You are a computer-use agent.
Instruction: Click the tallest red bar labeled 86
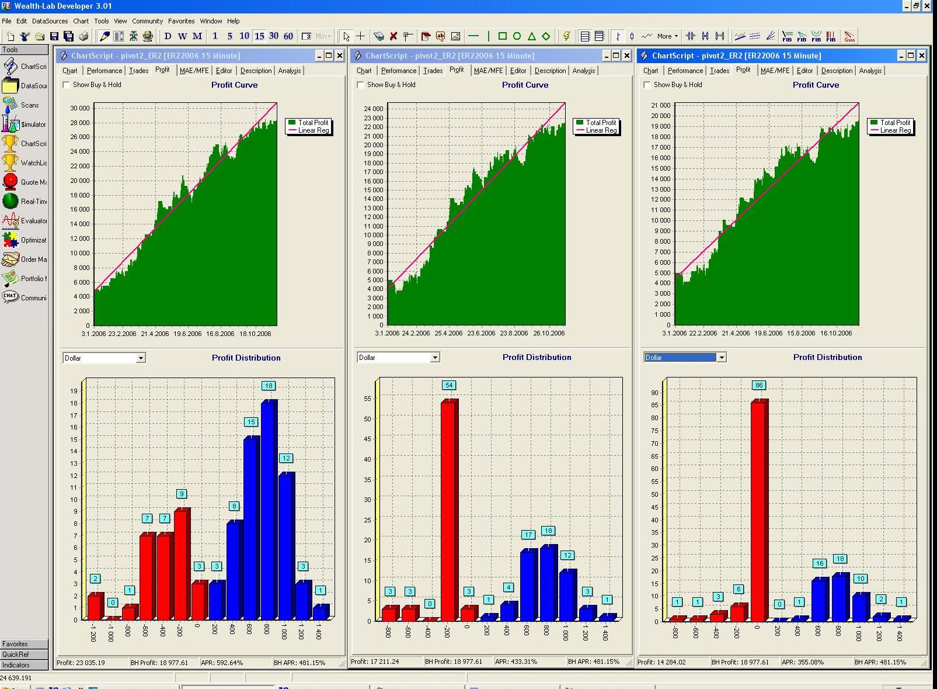pyautogui.click(x=758, y=511)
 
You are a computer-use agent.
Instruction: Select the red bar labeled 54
pyautogui.click(x=448, y=511)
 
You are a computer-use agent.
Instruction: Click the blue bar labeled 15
pyautogui.click(x=250, y=529)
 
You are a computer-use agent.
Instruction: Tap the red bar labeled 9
pyautogui.click(x=182, y=565)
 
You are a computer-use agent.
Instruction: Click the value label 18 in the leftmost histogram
pyautogui.click(x=268, y=386)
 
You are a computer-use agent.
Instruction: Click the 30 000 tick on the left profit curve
pyautogui.click(x=80, y=108)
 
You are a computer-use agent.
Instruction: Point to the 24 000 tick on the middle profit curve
pyautogui.click(x=374, y=109)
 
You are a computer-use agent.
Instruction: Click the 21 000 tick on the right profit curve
pyautogui.click(x=661, y=105)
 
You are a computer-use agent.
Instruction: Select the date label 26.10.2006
pyautogui.click(x=549, y=333)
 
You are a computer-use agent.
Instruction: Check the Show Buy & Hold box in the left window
pyautogui.click(x=67, y=85)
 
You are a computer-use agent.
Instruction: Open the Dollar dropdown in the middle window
pyautogui.click(x=435, y=358)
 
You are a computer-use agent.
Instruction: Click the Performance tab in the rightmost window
pyautogui.click(x=685, y=71)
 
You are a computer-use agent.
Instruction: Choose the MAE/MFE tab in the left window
pyautogui.click(x=194, y=71)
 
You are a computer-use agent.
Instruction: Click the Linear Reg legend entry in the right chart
pyautogui.click(x=895, y=130)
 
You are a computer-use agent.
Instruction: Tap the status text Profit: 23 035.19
pyautogui.click(x=81, y=663)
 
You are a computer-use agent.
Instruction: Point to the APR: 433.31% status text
pyautogui.click(x=515, y=662)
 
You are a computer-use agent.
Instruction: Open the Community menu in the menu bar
pyautogui.click(x=147, y=21)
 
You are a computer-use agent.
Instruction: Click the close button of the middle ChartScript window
pyautogui.click(x=626, y=56)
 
